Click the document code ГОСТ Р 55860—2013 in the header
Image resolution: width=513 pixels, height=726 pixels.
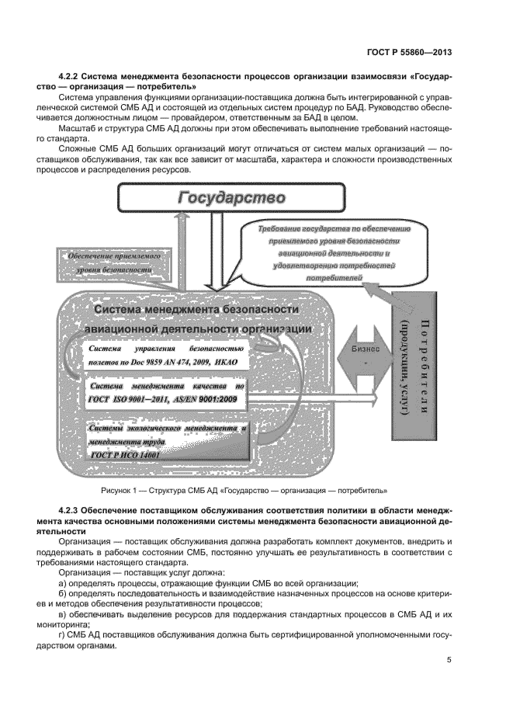click(410, 53)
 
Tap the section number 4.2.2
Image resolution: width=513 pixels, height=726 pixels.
click(71, 77)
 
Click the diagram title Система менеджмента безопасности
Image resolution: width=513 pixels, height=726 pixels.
click(196, 310)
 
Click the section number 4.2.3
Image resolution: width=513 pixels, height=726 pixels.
click(71, 509)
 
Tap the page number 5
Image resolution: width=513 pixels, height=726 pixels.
click(449, 660)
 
